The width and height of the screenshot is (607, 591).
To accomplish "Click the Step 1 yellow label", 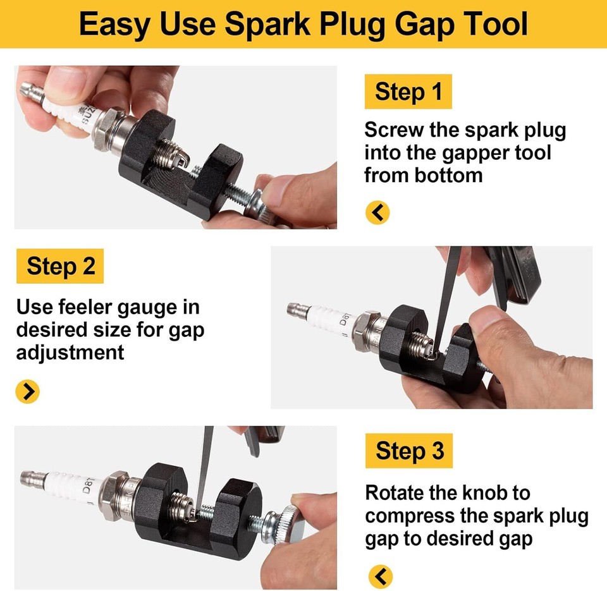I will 408,92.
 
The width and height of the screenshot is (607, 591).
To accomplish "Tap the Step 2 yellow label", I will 60,266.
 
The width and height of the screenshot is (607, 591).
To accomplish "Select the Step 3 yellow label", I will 409,451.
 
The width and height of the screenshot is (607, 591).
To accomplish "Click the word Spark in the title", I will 271,24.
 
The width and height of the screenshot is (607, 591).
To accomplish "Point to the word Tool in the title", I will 492,24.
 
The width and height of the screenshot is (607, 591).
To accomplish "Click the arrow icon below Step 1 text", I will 377,213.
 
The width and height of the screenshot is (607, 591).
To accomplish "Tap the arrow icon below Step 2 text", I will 27,392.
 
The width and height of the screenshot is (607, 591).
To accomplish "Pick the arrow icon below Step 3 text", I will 379,576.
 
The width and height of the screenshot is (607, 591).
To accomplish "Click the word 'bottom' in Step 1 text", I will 448,175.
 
